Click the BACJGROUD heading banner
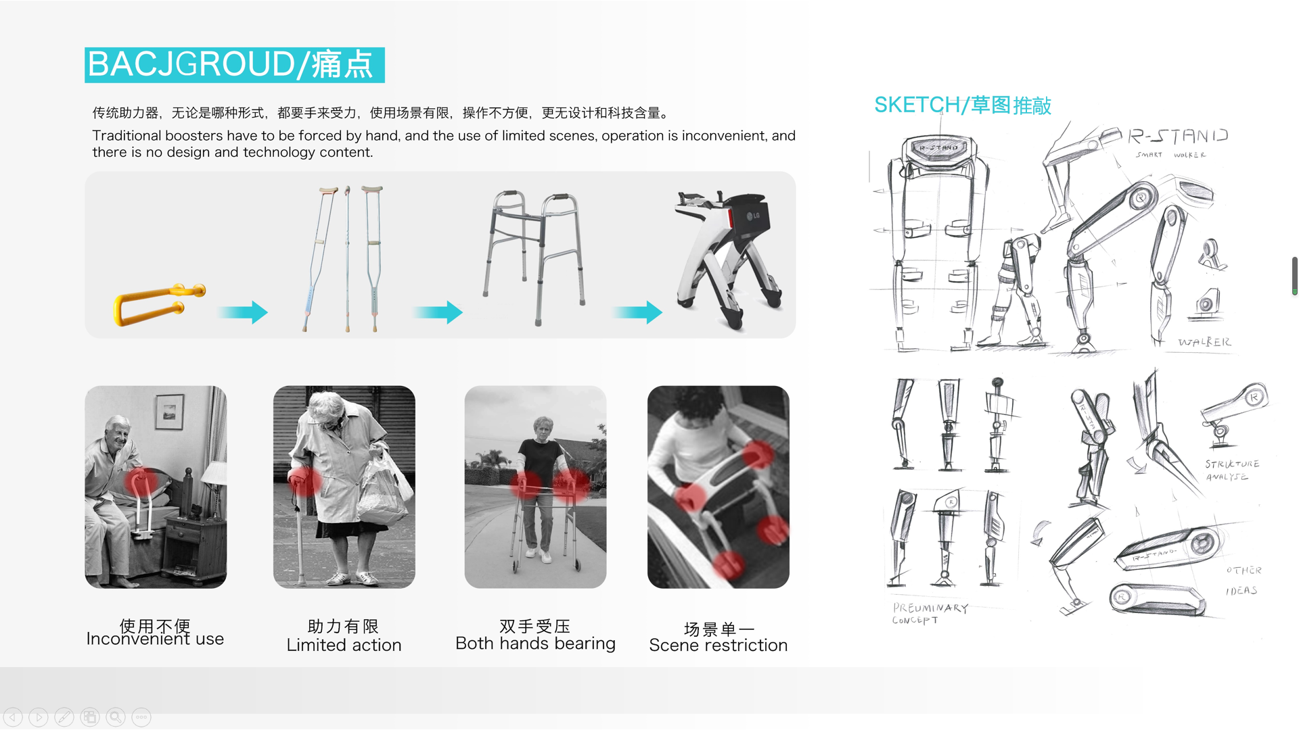234,65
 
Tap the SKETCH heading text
962,105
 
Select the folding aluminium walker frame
534,257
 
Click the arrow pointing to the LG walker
637,312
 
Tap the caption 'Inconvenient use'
155,639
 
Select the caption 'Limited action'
344,646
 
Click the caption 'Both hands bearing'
535,643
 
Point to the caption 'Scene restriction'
718,646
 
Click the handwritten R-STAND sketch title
1177,137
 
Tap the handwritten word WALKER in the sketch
1204,342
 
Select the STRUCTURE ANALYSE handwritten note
1231,470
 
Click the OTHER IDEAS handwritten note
1243,580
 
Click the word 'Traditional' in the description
127,136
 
